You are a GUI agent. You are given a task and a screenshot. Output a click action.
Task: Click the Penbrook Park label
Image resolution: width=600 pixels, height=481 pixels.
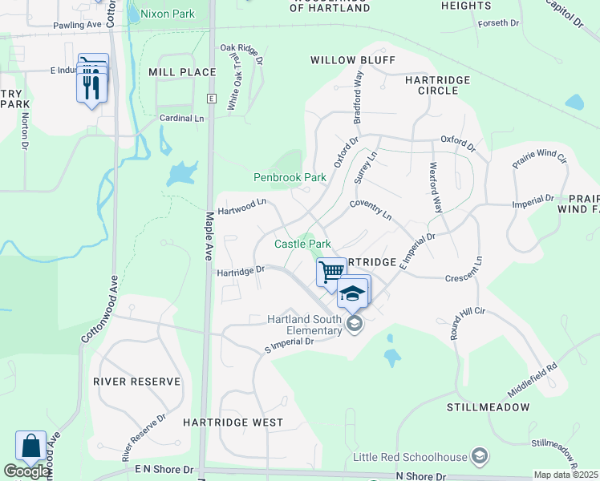[290, 177]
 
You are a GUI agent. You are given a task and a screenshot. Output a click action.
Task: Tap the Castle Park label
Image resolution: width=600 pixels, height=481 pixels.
[302, 244]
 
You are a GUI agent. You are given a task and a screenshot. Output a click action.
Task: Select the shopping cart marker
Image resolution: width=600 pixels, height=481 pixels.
[330, 272]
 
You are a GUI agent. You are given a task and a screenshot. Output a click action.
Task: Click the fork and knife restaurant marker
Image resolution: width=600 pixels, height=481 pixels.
[91, 84]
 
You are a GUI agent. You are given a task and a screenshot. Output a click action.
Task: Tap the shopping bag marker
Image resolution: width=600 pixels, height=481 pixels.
[30, 447]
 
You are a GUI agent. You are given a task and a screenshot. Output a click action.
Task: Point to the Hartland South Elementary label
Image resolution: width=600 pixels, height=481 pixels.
[305, 325]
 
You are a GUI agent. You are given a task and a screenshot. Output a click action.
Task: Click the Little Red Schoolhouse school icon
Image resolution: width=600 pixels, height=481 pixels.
[479, 456]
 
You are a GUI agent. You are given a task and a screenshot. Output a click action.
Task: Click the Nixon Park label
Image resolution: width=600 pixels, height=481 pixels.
[167, 14]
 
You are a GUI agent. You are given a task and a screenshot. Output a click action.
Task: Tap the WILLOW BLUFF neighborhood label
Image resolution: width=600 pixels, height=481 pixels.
[352, 60]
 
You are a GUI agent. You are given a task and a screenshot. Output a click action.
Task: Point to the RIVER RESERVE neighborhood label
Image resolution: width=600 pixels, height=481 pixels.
[136, 382]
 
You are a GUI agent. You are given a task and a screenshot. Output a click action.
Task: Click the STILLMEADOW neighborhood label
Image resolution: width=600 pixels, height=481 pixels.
[489, 407]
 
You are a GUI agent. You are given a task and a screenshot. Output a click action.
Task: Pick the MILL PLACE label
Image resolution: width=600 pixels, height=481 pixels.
[182, 72]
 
